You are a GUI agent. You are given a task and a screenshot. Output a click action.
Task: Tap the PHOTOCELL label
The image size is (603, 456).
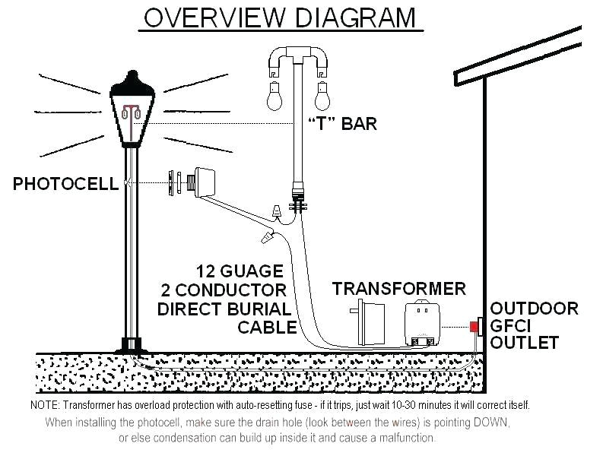click(65, 183)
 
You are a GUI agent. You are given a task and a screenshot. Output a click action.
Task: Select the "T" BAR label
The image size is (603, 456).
click(342, 124)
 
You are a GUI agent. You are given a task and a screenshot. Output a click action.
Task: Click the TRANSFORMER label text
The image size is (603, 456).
click(398, 289)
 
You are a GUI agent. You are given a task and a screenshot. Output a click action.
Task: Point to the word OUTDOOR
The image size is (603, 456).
click(534, 309)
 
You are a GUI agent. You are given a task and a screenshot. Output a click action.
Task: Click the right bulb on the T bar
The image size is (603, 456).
click(322, 96)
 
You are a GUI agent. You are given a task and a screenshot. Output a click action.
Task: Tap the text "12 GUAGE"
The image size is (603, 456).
click(240, 271)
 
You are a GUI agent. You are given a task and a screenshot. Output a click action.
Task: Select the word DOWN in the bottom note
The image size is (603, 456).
click(490, 422)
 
